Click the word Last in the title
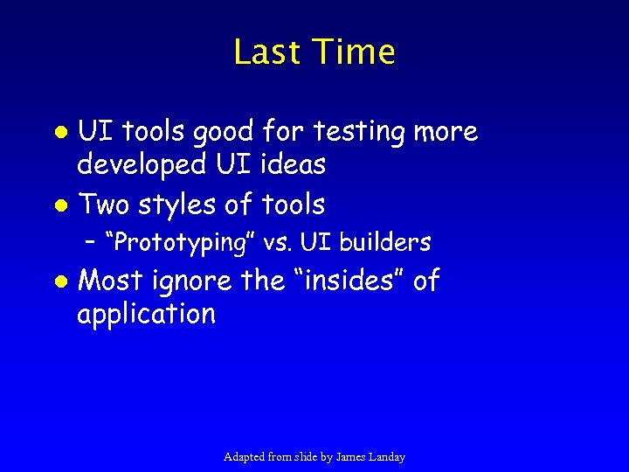pyautogui.click(x=266, y=52)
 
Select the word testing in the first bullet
pyautogui.click(x=362, y=132)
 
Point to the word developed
pyautogui.click(x=140, y=163)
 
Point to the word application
pyautogui.click(x=147, y=314)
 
